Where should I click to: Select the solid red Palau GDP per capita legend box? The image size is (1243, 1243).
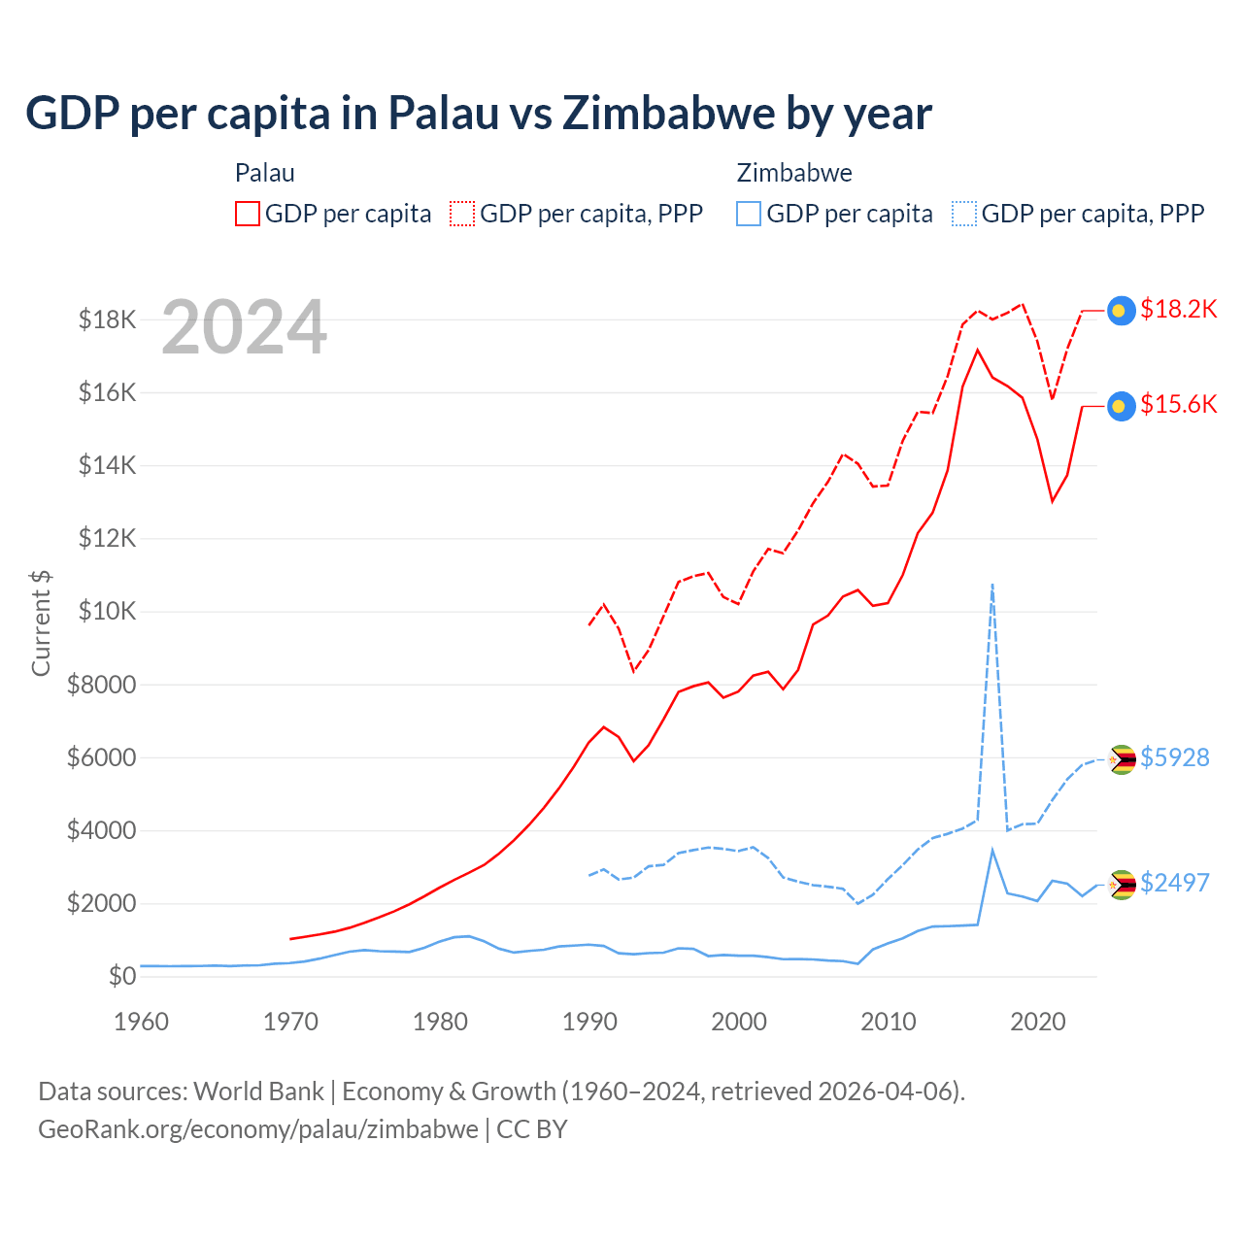pos(248,214)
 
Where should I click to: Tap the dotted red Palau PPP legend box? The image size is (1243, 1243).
pos(462,214)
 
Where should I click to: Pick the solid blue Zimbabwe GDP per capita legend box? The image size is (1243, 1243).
pos(749,214)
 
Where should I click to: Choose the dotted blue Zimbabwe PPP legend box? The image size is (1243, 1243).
pos(964,214)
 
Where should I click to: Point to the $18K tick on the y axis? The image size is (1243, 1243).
pos(108,319)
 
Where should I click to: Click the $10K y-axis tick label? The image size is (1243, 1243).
pos(108,612)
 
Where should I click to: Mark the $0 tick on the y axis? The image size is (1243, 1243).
pos(121,976)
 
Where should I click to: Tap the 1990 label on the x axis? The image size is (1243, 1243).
pos(589,1022)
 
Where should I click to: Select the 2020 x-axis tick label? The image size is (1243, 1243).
pos(1038,1022)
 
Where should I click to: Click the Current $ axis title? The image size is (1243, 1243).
pos(41,622)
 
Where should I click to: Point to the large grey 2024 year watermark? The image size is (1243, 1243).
pos(244,327)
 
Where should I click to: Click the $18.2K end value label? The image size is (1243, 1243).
pos(1178,309)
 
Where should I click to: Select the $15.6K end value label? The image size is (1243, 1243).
pos(1178,404)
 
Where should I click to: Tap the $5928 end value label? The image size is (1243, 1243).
pos(1175,757)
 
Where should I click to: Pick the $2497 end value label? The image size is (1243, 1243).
pos(1175,883)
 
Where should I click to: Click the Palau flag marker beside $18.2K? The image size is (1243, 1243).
pos(1122,311)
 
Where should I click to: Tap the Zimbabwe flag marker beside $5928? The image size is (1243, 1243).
pos(1122,759)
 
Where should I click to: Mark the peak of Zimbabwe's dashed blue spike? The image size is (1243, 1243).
pos(991,585)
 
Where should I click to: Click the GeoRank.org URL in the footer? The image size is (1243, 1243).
pos(258,1129)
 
